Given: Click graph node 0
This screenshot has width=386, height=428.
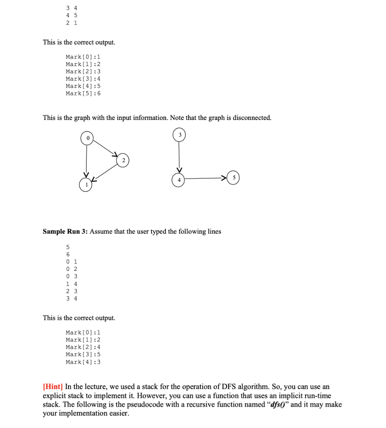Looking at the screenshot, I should (87, 138).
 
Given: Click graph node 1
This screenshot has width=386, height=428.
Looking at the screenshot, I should (86, 184).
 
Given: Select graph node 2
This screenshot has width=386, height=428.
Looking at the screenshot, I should (123, 160).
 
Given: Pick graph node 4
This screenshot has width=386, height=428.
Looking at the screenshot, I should (178, 179).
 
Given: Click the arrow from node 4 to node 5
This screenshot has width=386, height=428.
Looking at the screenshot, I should (207, 179).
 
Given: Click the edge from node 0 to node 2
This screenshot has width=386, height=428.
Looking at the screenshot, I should (105, 149).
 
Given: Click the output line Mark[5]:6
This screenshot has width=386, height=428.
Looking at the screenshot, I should (83, 93).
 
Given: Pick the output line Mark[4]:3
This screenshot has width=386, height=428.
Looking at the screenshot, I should (83, 362).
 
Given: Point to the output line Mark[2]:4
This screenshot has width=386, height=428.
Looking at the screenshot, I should (83, 347).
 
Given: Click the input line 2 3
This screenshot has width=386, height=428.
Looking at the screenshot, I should (71, 291).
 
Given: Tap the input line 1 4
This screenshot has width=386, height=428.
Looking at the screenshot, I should (71, 283).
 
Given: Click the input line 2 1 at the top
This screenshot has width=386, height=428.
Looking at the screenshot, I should (71, 23).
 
